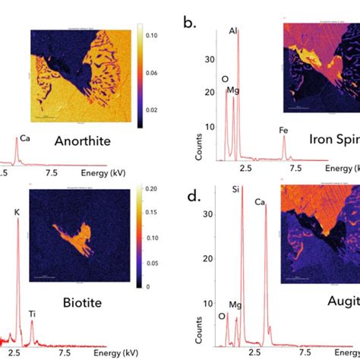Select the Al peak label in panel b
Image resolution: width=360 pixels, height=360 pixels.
(233, 31)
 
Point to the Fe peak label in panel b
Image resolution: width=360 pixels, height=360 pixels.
(284, 130)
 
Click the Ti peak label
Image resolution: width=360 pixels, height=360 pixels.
(33, 312)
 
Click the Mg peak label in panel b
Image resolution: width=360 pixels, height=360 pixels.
(233, 92)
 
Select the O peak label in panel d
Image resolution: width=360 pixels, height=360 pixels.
(220, 317)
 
